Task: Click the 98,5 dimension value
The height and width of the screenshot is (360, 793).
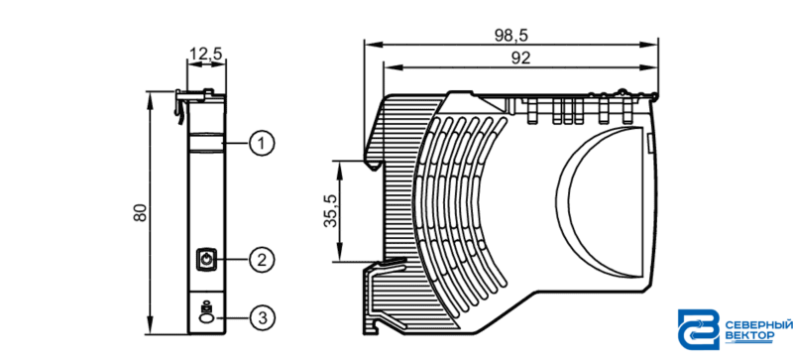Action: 511,36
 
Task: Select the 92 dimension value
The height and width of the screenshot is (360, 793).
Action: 520,59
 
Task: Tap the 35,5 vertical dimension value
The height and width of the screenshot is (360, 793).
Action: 331,210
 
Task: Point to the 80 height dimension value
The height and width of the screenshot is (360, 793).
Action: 141,212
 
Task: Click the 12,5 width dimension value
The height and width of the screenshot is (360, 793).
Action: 206,54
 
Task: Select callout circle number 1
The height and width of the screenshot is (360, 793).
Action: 262,145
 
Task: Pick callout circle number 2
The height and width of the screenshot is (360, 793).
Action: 262,260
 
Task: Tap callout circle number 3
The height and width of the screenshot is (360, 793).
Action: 262,318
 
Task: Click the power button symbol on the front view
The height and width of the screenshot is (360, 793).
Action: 206,260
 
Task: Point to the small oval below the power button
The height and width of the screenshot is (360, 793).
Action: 206,318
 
